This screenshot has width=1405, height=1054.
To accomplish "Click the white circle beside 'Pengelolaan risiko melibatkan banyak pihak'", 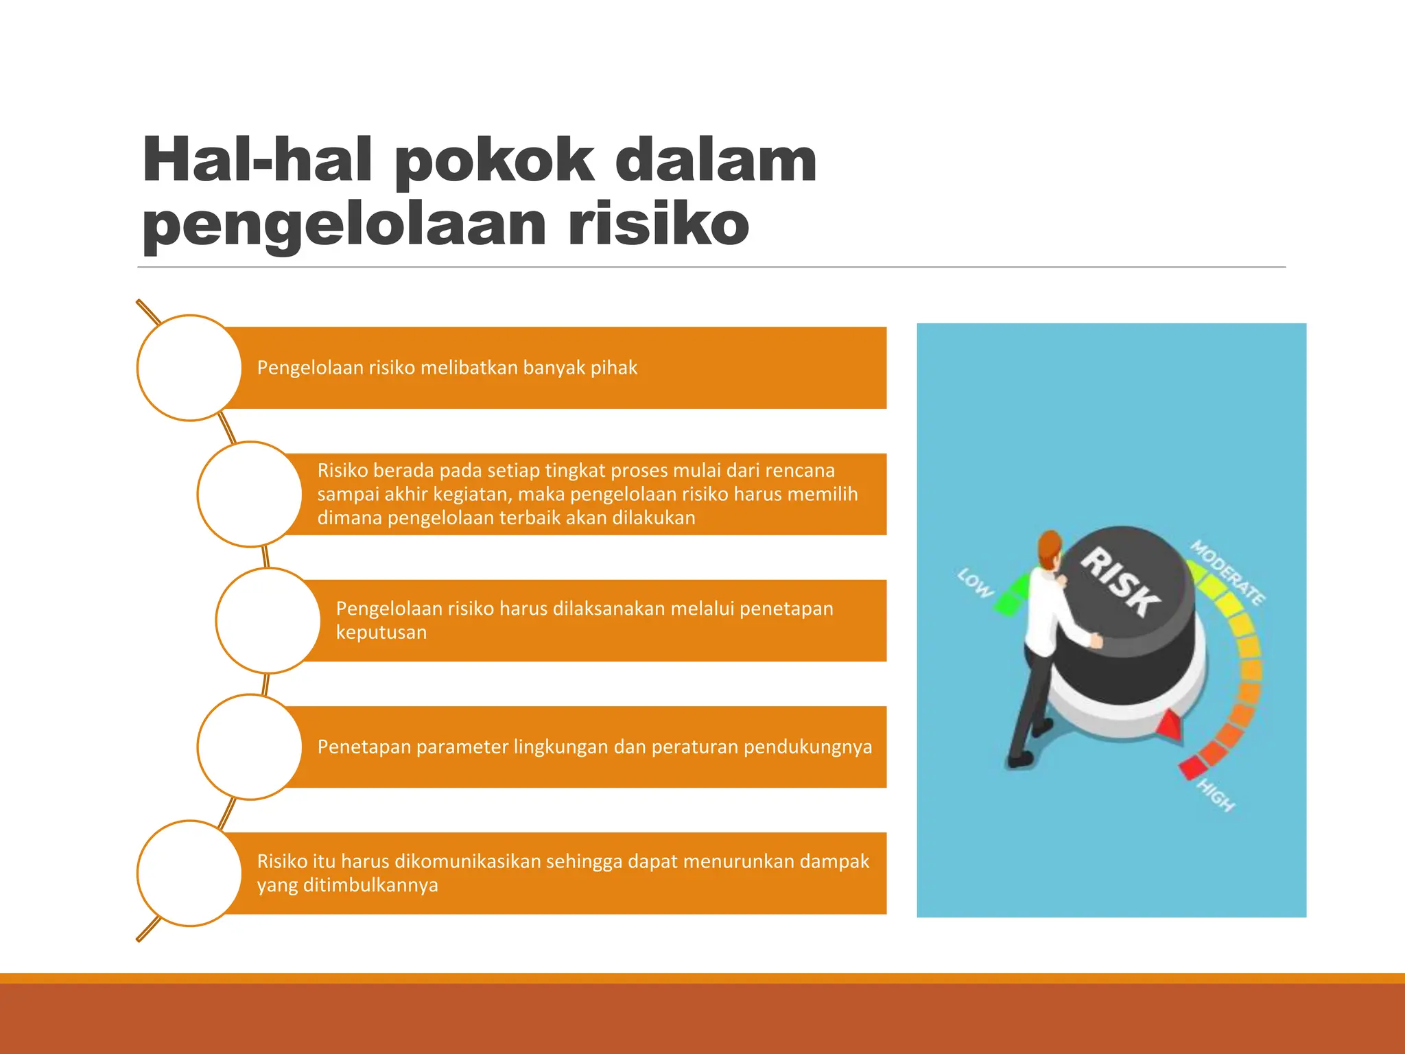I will (x=189, y=368).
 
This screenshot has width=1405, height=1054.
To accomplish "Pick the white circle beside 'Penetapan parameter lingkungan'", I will (x=249, y=747).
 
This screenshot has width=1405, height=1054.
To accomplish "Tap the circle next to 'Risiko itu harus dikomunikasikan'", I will (x=189, y=873).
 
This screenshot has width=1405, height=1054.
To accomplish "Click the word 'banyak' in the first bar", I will (x=553, y=368).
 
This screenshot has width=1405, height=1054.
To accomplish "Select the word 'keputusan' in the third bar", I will (x=381, y=632).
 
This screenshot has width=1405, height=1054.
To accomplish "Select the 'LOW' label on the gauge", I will (x=975, y=583).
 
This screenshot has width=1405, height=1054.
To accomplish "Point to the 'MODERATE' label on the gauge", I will (x=1227, y=572).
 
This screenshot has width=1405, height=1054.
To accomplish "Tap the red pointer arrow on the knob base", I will (x=1170, y=726).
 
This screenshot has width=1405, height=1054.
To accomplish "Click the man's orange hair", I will (x=1049, y=546).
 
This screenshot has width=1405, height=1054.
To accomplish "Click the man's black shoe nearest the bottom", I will (x=1019, y=760).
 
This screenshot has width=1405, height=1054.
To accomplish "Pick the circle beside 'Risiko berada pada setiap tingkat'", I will (x=249, y=494).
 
